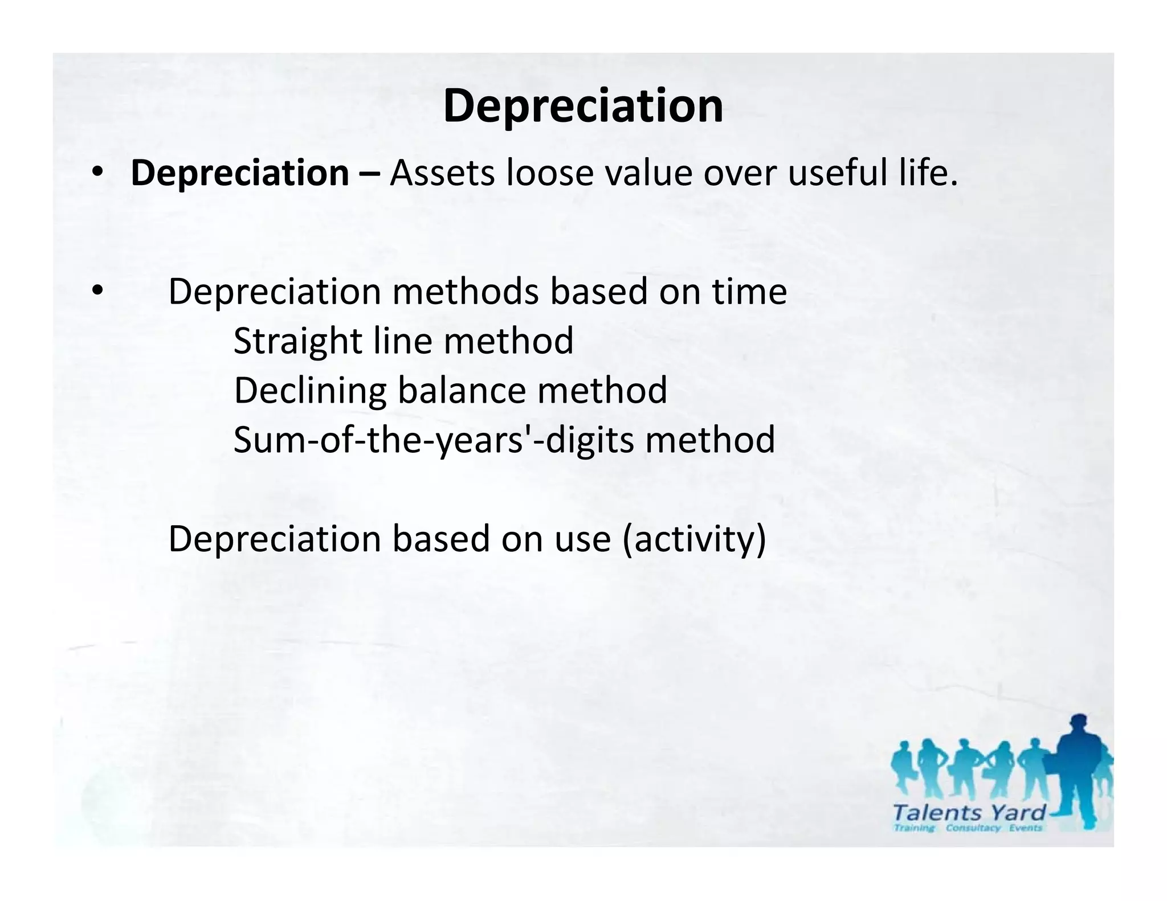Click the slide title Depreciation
click(583, 106)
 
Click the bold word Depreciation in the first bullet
click(239, 173)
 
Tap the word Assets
click(442, 173)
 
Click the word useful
click(837, 173)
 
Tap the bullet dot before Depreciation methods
click(97, 290)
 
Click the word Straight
click(298, 341)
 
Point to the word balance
click(462, 391)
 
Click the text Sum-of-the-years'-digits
click(434, 440)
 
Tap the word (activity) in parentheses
click(695, 539)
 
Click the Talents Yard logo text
click(969, 813)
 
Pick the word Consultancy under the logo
click(973, 828)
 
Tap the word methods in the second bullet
click(465, 292)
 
